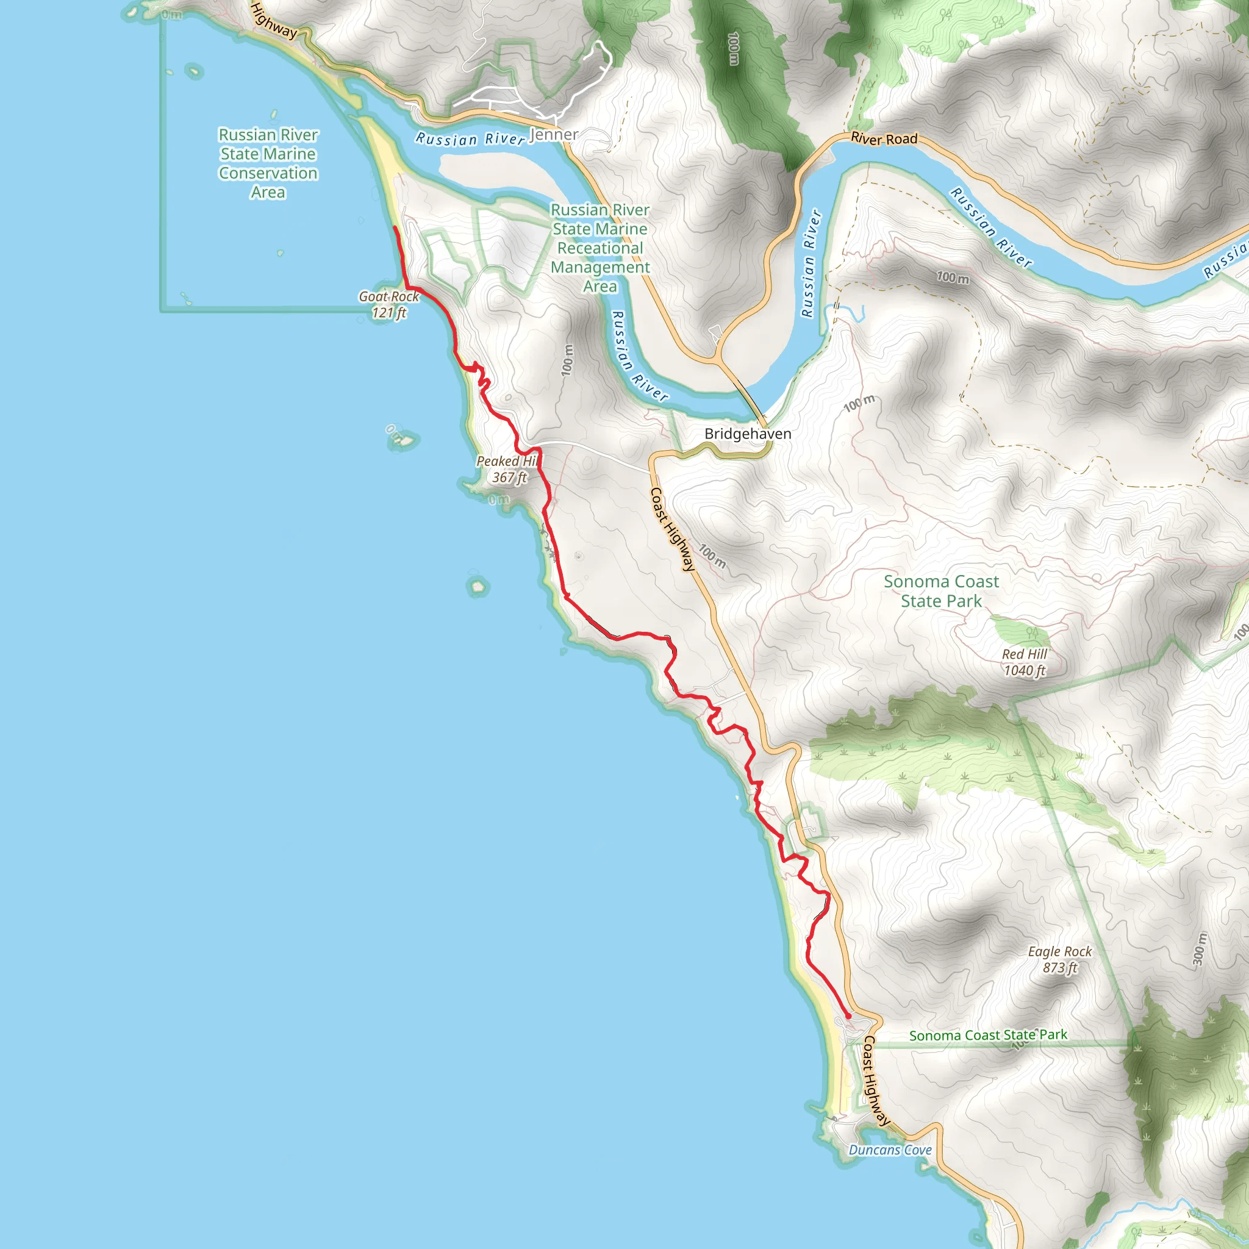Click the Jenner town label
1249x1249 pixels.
pos(554,134)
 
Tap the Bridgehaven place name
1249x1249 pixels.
pos(747,434)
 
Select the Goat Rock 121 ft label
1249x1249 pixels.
pos(388,304)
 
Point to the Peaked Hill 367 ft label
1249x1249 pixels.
pos(508,470)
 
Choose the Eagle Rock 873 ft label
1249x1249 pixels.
pos(1059,959)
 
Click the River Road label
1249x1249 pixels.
pos(884,138)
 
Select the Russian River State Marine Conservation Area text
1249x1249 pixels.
pos(268,163)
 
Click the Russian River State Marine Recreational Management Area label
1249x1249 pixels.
pos(600,248)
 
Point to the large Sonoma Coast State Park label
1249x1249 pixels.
pos(941,591)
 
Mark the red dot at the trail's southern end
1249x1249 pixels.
pos(848,1016)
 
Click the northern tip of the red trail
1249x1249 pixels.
pos(395,227)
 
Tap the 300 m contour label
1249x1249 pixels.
pos(1200,950)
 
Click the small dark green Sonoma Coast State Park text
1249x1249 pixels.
pos(989,1035)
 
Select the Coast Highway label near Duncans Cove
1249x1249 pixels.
pos(876,1080)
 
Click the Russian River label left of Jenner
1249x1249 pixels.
pos(470,139)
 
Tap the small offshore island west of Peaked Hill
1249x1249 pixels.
pos(401,440)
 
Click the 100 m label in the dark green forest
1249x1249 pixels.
pos(733,49)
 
